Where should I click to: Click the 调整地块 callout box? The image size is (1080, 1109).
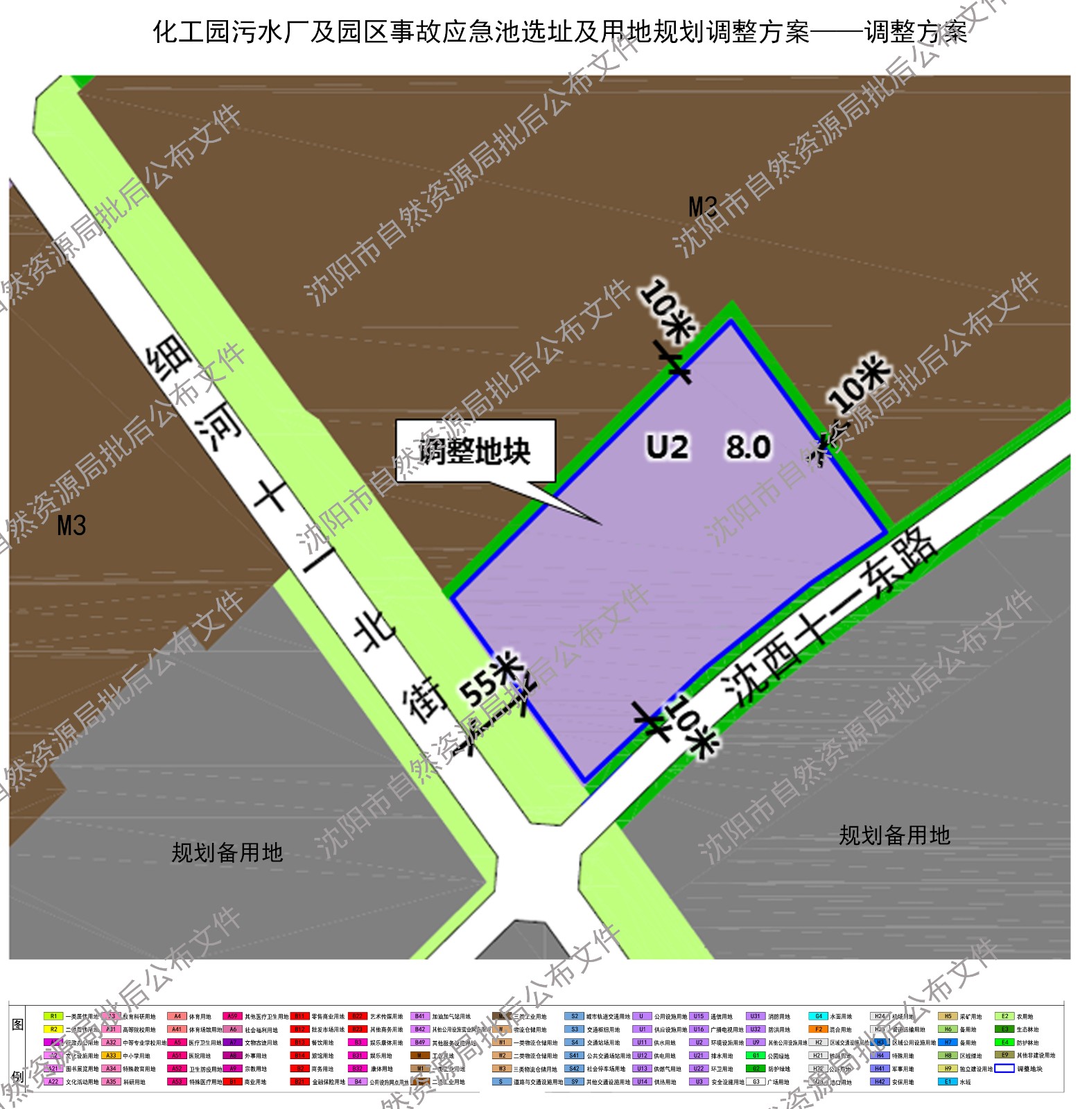476,451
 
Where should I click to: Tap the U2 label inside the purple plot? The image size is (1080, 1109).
667,447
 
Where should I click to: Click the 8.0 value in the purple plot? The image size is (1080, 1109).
748,447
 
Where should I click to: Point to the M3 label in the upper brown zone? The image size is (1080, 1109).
703,207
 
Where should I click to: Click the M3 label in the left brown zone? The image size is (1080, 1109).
71,525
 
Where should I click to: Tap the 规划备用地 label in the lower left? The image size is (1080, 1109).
227,852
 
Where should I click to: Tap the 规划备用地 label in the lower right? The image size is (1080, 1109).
894,835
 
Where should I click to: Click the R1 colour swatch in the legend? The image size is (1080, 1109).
53,1016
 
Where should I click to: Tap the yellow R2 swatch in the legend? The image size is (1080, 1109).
53,1029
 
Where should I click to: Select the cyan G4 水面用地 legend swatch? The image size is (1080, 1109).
818,1016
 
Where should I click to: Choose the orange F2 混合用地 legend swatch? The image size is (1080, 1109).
818,1029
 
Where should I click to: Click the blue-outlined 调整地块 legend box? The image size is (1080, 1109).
1004,1068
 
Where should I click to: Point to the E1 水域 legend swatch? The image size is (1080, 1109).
948,1081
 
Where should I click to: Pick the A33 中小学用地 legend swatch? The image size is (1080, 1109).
111,1056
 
